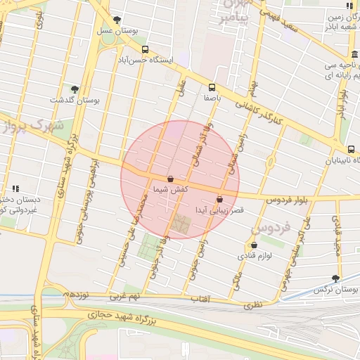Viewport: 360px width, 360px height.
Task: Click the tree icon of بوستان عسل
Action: click(117, 20)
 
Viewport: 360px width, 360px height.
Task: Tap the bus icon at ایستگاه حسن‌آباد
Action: click(145, 49)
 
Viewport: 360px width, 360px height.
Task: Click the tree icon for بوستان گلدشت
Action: click(75, 89)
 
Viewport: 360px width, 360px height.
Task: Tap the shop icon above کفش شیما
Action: click(171, 179)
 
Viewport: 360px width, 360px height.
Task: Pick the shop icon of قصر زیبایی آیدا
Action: click(221, 198)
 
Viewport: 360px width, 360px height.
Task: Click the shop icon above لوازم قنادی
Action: click(254, 245)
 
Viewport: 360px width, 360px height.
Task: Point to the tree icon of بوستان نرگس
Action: click(335, 278)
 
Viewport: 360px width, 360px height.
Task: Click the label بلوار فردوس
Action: click(286, 201)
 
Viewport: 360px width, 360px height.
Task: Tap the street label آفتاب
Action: click(201, 300)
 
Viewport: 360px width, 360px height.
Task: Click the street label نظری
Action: click(252, 306)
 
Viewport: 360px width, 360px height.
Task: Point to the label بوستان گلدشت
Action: click(76, 101)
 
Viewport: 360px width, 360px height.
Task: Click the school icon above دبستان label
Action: click(15, 188)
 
